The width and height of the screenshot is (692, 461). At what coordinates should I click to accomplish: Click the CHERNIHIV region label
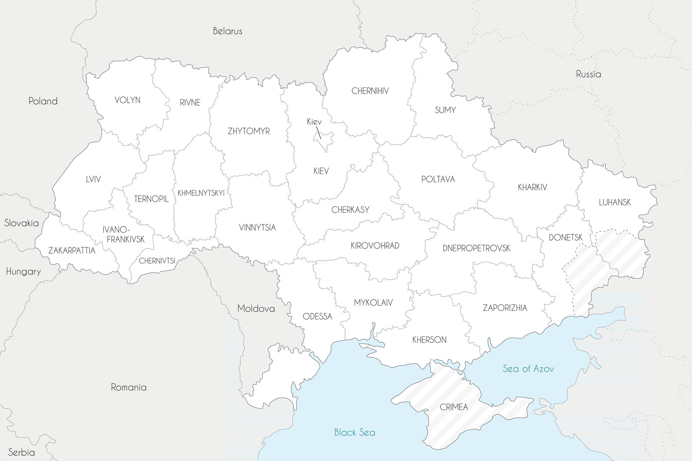[370, 91]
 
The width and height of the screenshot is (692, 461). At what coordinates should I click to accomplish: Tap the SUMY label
[445, 110]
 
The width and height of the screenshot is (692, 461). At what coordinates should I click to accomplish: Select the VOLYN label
[127, 100]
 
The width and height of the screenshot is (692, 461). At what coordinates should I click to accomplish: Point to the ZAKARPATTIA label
[72, 251]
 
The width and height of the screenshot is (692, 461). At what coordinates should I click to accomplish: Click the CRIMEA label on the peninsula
[454, 407]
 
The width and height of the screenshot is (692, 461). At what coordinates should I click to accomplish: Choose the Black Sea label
[355, 432]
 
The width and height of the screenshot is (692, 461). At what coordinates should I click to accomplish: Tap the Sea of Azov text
[528, 368]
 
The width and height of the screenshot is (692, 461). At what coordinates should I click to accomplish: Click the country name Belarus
[227, 31]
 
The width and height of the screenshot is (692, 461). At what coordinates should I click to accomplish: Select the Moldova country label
[256, 309]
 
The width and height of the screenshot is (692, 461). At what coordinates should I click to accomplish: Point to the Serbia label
[22, 452]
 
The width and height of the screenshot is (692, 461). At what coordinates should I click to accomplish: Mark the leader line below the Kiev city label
[319, 132]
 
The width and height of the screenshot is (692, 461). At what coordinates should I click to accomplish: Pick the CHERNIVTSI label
[157, 261]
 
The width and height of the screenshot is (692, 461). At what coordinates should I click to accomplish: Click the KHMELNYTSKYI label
[201, 193]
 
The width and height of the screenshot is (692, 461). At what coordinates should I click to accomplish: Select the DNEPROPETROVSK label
[476, 248]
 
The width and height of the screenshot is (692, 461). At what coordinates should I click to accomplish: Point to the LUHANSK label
[615, 202]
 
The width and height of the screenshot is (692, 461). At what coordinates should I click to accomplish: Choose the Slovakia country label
[22, 223]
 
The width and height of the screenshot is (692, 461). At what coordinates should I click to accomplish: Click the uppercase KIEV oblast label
[321, 171]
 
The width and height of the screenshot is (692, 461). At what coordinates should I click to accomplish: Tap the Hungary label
[23, 272]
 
